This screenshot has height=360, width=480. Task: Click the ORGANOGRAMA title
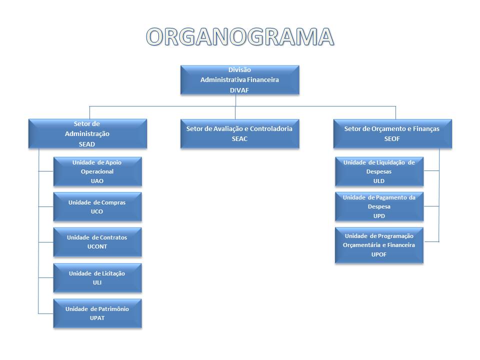click(x=240, y=36)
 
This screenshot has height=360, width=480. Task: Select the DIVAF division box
click(x=239, y=79)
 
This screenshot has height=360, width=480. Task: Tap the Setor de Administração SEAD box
click(x=87, y=133)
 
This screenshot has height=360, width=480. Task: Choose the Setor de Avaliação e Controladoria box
click(x=239, y=133)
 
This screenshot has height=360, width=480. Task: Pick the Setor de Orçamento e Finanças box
click(x=392, y=133)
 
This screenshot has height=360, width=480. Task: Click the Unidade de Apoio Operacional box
click(x=97, y=171)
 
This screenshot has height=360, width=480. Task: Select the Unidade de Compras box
click(x=97, y=207)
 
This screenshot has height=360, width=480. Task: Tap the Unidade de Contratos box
click(x=97, y=242)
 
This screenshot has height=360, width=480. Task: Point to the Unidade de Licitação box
click(x=97, y=278)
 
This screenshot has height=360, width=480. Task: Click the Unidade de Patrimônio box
click(x=97, y=313)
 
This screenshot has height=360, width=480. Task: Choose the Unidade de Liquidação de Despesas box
click(x=379, y=171)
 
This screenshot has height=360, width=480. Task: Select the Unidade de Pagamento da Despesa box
click(x=379, y=207)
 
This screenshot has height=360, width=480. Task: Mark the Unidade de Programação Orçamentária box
click(x=379, y=245)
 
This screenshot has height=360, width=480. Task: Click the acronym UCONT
click(x=97, y=246)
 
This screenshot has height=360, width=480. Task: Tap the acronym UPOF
click(x=379, y=254)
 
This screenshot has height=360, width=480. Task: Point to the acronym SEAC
click(x=239, y=138)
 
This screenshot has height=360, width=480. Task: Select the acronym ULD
click(x=379, y=181)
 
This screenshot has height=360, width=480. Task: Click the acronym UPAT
click(x=97, y=318)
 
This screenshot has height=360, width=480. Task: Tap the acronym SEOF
click(x=392, y=138)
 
